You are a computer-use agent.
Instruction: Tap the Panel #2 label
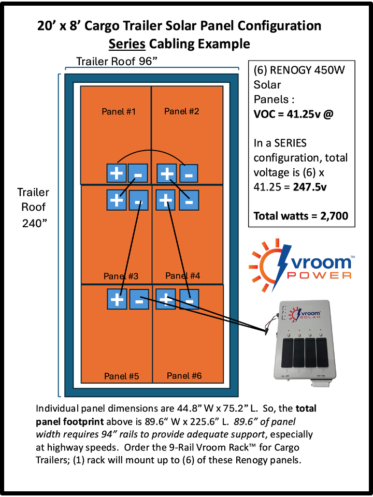pos(181,111)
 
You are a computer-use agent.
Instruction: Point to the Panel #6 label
pos(184,376)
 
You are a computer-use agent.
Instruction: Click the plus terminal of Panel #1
pos(115,172)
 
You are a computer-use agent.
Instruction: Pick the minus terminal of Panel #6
pos(189,299)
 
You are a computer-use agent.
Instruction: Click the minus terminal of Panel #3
pos(138,199)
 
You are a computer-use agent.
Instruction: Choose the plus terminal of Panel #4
pos(166,199)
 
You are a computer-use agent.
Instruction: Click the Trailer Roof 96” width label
pos(117,62)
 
